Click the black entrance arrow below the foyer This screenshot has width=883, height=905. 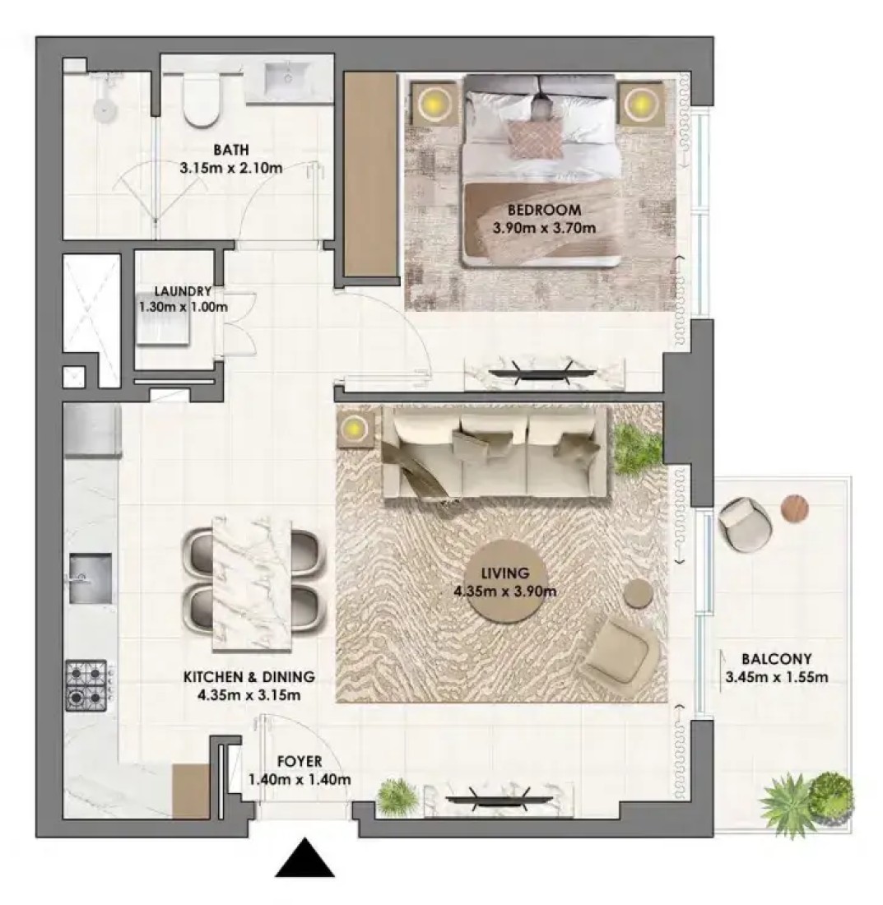pos(304,859)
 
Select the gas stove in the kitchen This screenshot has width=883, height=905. pos(86,685)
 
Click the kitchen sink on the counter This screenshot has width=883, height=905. pos(91,578)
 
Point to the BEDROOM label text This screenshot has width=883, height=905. pos(544,210)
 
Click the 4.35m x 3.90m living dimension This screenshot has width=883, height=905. pos(505,591)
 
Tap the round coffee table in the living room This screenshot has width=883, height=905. pos(505,581)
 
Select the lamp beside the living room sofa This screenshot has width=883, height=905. pos(355,429)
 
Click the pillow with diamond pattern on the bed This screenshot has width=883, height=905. pos(534,138)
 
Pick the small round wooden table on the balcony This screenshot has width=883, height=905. pos(795,508)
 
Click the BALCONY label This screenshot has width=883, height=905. pos(776,658)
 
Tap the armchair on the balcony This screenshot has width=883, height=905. pos(745,524)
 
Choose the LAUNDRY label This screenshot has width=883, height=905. pos(183,291)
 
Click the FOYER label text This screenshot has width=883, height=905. pos(299,762)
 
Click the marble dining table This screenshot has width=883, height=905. pos(252,585)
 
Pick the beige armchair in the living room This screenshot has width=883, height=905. pos(622,649)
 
